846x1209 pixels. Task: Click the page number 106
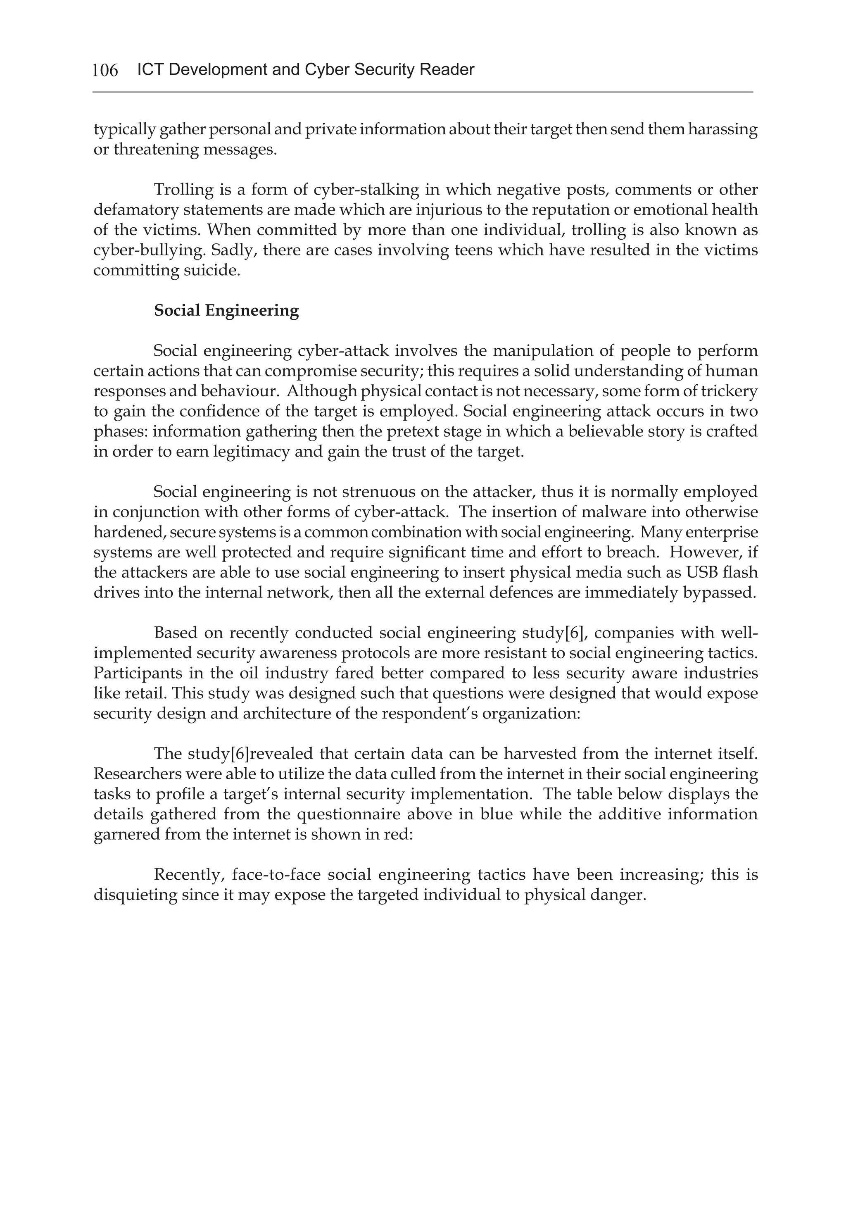[105, 70]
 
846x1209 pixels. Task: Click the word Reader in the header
[447, 69]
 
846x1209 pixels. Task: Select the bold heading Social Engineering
[226, 311]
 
